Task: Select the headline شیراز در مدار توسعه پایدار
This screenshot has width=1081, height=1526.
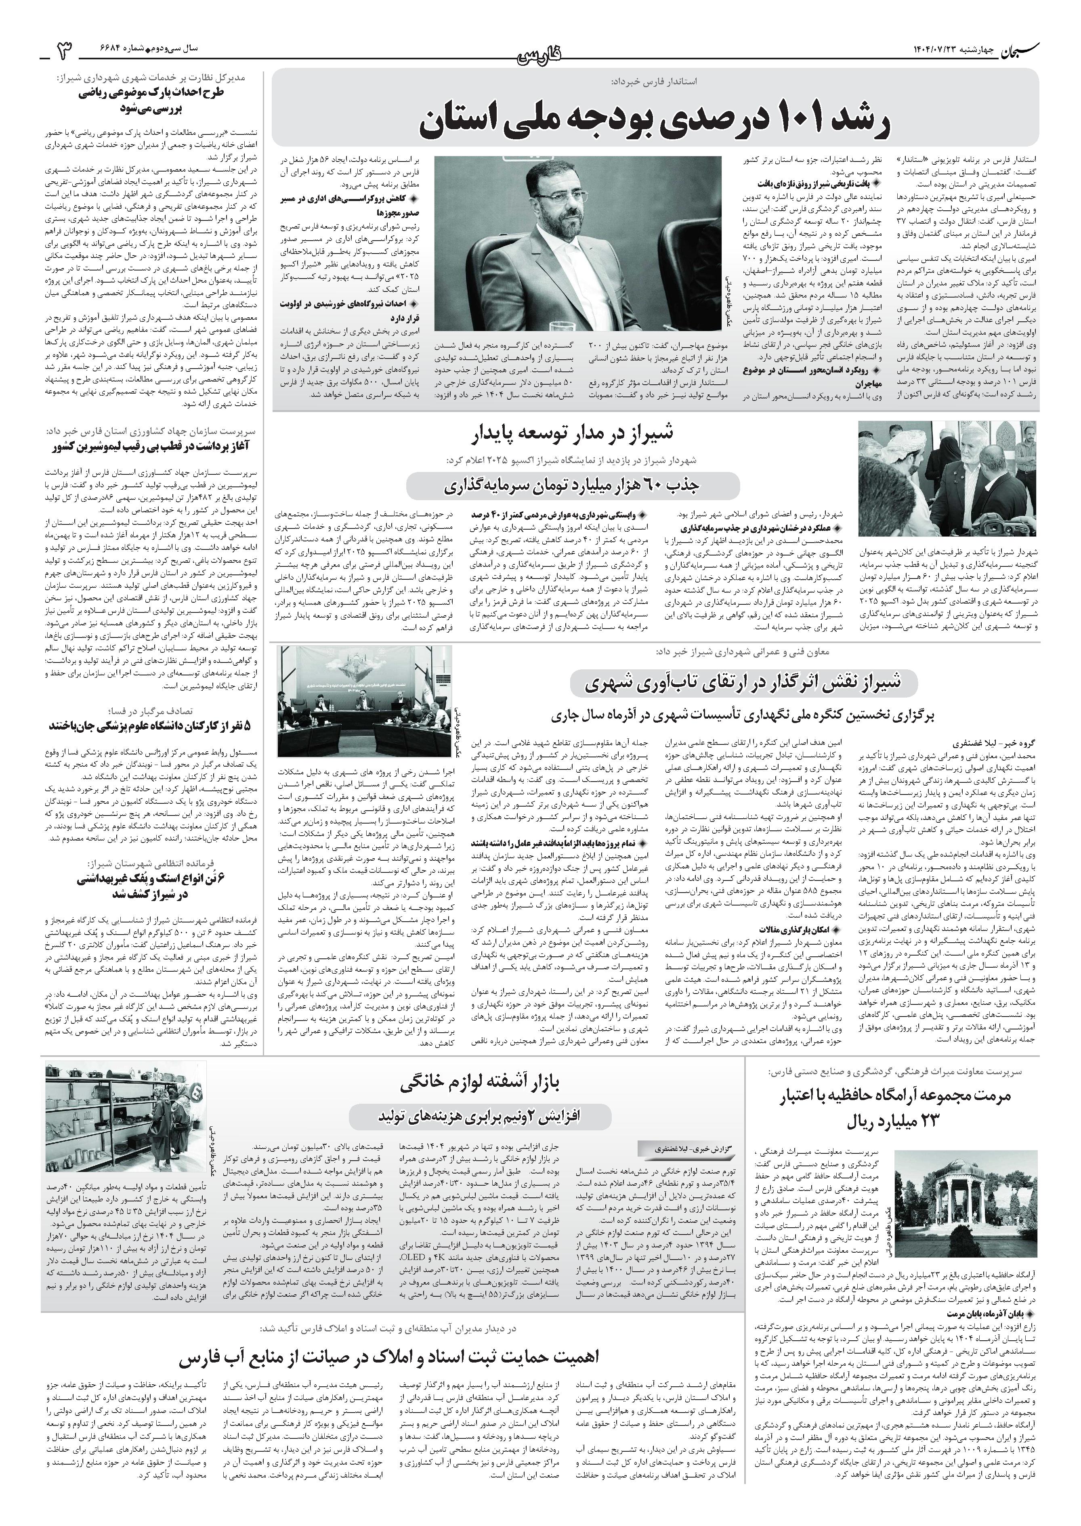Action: click(573, 436)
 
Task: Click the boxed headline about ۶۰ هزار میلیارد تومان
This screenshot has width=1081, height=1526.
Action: click(573, 486)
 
